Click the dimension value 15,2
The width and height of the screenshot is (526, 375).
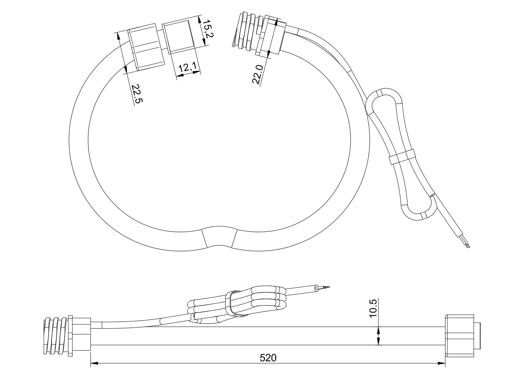point(207,29)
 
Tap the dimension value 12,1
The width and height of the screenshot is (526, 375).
point(188,68)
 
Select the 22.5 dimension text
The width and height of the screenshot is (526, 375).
point(137,94)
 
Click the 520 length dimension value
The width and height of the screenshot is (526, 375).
point(268,358)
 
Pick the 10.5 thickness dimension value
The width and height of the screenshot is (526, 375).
point(373,308)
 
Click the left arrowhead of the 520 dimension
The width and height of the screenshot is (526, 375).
point(94,364)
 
